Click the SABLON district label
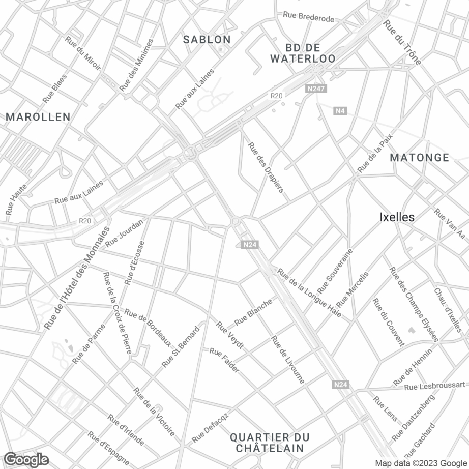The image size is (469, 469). [207, 39]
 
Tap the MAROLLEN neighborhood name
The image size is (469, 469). [38, 116]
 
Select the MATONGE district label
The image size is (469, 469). [420, 158]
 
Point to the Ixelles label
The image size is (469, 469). [397, 217]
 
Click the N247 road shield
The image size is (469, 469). [316, 89]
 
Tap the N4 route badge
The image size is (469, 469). [340, 111]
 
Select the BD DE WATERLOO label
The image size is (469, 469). [303, 53]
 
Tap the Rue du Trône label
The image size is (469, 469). [402, 44]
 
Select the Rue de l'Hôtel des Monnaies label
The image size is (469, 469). [76, 277]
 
